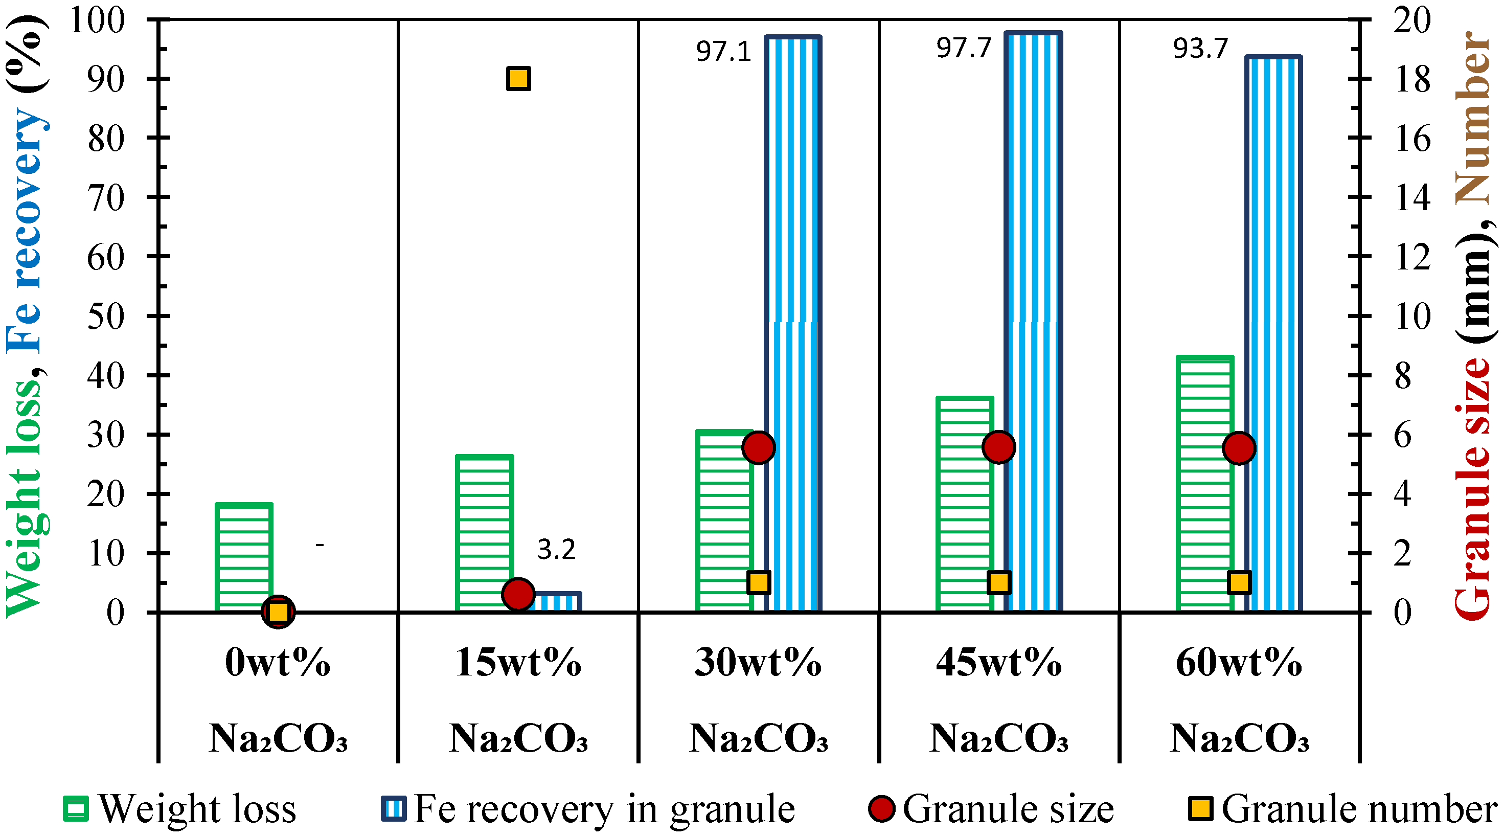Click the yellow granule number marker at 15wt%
pyautogui.click(x=518, y=78)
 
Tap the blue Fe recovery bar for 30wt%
pyautogui.click(x=793, y=327)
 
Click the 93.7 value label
pyautogui.click(x=1201, y=49)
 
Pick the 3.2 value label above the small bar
pyautogui.click(x=556, y=549)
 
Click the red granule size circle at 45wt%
pyautogui.click(x=999, y=447)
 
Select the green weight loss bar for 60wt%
pyautogui.click(x=1204, y=485)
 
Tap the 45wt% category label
pyautogui.click(x=999, y=663)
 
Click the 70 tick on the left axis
pyautogui.click(x=106, y=198)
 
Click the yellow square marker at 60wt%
pyautogui.click(x=1239, y=582)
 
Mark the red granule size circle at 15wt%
pyautogui.click(x=518, y=594)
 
